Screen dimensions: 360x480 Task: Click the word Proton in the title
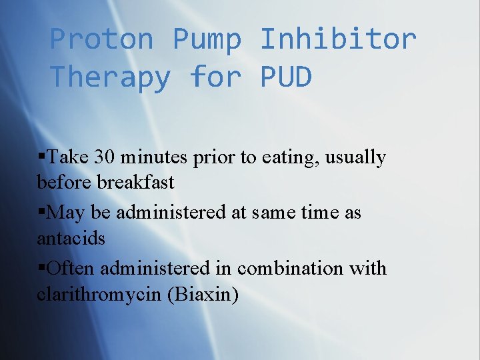(102, 39)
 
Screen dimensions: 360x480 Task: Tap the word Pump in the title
(207, 39)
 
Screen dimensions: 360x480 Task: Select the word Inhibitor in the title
(338, 39)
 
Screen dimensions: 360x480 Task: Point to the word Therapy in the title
(111, 77)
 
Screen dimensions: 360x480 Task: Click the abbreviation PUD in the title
(285, 77)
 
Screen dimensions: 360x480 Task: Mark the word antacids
(71, 237)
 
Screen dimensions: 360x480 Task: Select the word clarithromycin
(99, 294)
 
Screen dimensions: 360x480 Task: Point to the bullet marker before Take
(41, 157)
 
